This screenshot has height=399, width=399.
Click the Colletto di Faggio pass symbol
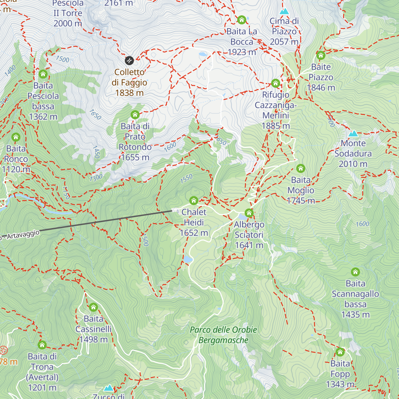(129, 61)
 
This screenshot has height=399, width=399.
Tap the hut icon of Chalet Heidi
(194, 200)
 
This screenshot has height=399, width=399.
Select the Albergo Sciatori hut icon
(249, 213)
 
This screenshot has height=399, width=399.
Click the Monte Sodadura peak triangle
(353, 133)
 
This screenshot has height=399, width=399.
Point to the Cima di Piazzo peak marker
(284, 11)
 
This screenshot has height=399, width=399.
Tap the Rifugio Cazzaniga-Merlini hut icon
(275, 83)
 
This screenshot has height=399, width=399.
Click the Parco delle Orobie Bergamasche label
(223, 335)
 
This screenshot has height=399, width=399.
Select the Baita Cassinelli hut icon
(93, 307)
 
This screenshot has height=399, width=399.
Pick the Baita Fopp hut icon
(340, 352)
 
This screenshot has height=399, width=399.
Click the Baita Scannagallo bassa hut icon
(355, 272)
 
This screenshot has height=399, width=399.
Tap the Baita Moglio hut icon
(301, 168)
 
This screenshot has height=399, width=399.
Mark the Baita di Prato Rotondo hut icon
(135, 115)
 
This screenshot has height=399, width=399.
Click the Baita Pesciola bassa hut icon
(43, 74)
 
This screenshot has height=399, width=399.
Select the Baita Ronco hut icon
(16, 137)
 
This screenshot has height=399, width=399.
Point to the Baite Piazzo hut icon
(321, 55)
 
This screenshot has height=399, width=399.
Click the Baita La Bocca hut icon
(242, 20)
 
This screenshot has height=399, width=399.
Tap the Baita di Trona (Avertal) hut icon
(42, 345)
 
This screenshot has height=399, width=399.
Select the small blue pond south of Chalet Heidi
(188, 259)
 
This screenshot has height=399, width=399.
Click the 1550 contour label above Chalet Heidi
(186, 179)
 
